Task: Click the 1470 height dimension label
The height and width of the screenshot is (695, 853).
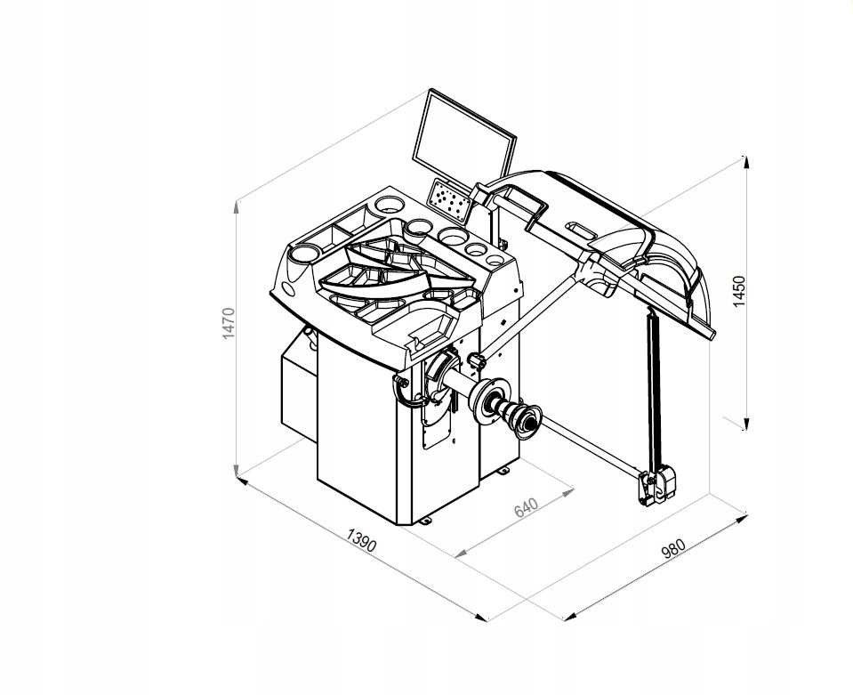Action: pyautogui.click(x=229, y=323)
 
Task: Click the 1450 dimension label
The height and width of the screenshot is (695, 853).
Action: pyautogui.click(x=739, y=292)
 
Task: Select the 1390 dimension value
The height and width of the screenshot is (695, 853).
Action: pyautogui.click(x=361, y=539)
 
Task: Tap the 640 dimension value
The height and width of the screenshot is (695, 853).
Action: pyautogui.click(x=526, y=507)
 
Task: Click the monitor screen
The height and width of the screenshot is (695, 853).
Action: pyautogui.click(x=464, y=141)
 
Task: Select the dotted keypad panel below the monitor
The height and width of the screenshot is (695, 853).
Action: pyautogui.click(x=449, y=201)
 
